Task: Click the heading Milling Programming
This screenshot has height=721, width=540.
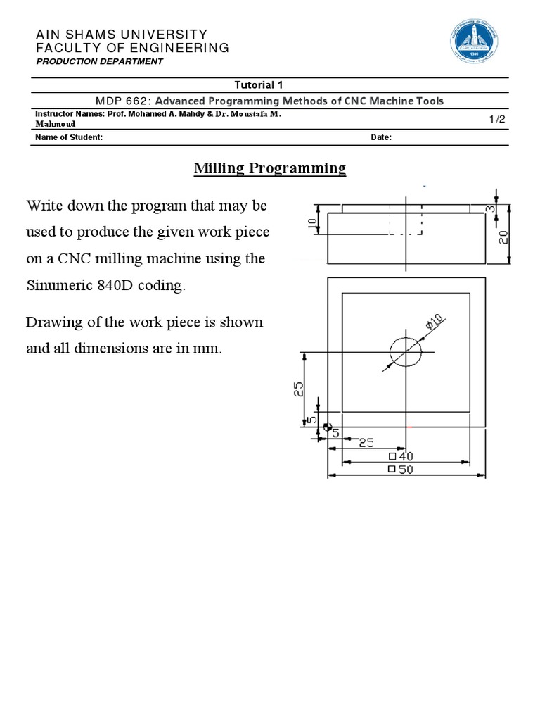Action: point(270,168)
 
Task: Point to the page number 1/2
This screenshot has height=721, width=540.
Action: point(497,120)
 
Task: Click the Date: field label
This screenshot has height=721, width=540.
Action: point(381,137)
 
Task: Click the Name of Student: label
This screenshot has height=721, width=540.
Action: point(69,137)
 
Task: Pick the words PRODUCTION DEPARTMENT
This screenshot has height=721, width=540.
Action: point(99,61)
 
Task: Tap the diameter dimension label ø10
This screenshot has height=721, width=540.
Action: point(434,322)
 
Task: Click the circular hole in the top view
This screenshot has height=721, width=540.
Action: point(404,351)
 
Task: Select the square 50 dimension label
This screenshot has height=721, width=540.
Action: point(401,470)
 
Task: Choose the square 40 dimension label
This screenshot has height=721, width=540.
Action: point(401,456)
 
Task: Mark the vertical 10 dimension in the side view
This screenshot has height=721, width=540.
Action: point(312,225)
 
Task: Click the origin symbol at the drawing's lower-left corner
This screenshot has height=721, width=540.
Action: point(327,426)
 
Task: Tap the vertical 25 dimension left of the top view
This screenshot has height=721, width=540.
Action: point(298,389)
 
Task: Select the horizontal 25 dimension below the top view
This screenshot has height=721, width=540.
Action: point(366,443)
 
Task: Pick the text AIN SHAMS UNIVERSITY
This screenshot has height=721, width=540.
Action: point(122,34)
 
